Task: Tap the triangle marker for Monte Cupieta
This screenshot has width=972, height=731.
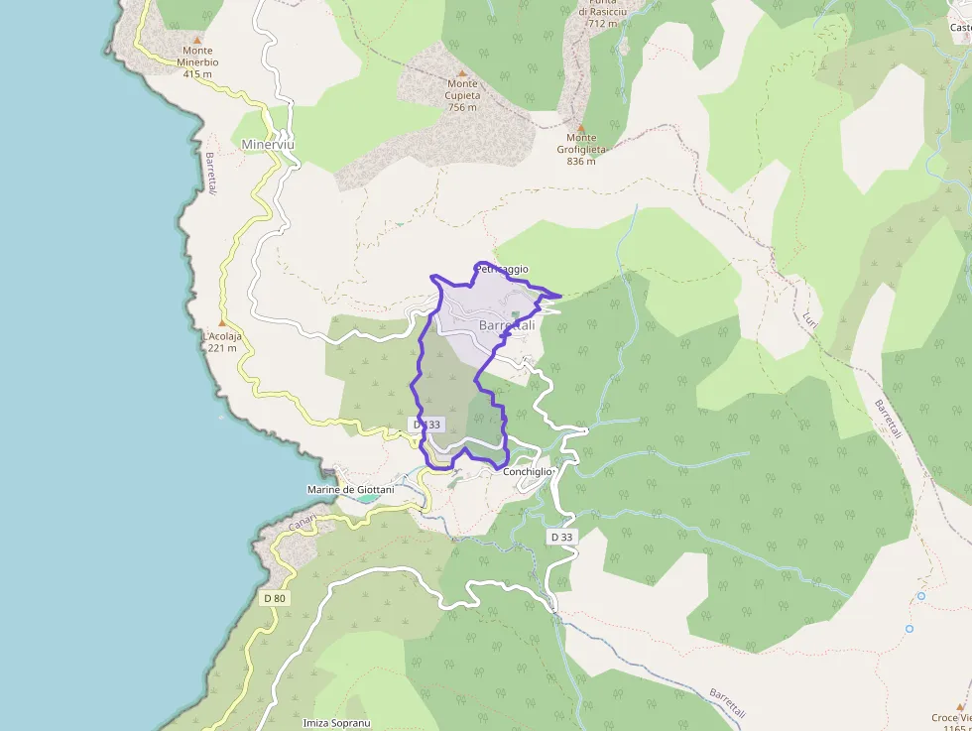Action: pos(461,72)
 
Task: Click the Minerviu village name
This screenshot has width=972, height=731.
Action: pos(268,145)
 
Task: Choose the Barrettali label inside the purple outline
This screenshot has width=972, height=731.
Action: pos(507,325)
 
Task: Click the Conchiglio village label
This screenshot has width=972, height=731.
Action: pos(528,472)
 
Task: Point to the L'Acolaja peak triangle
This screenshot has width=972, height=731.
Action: pos(222,323)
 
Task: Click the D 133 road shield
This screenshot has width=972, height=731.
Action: pos(426,425)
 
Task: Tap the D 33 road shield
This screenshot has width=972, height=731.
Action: pos(560,537)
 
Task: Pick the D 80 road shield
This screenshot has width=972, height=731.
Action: pos(275,598)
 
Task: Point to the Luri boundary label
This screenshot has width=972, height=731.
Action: pos(811,319)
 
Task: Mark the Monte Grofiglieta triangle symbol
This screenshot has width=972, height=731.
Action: pos(581,126)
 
